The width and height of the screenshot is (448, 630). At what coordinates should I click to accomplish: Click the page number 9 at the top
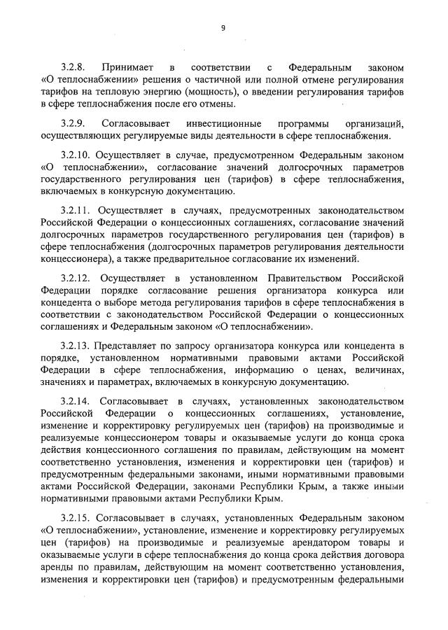[223, 28]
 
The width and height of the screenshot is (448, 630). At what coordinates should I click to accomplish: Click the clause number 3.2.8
[73, 69]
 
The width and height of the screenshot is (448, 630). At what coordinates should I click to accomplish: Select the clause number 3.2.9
[73, 123]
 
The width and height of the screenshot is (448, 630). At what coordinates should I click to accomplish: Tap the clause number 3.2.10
[75, 155]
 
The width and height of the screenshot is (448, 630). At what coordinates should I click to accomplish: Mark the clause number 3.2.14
[75, 401]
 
